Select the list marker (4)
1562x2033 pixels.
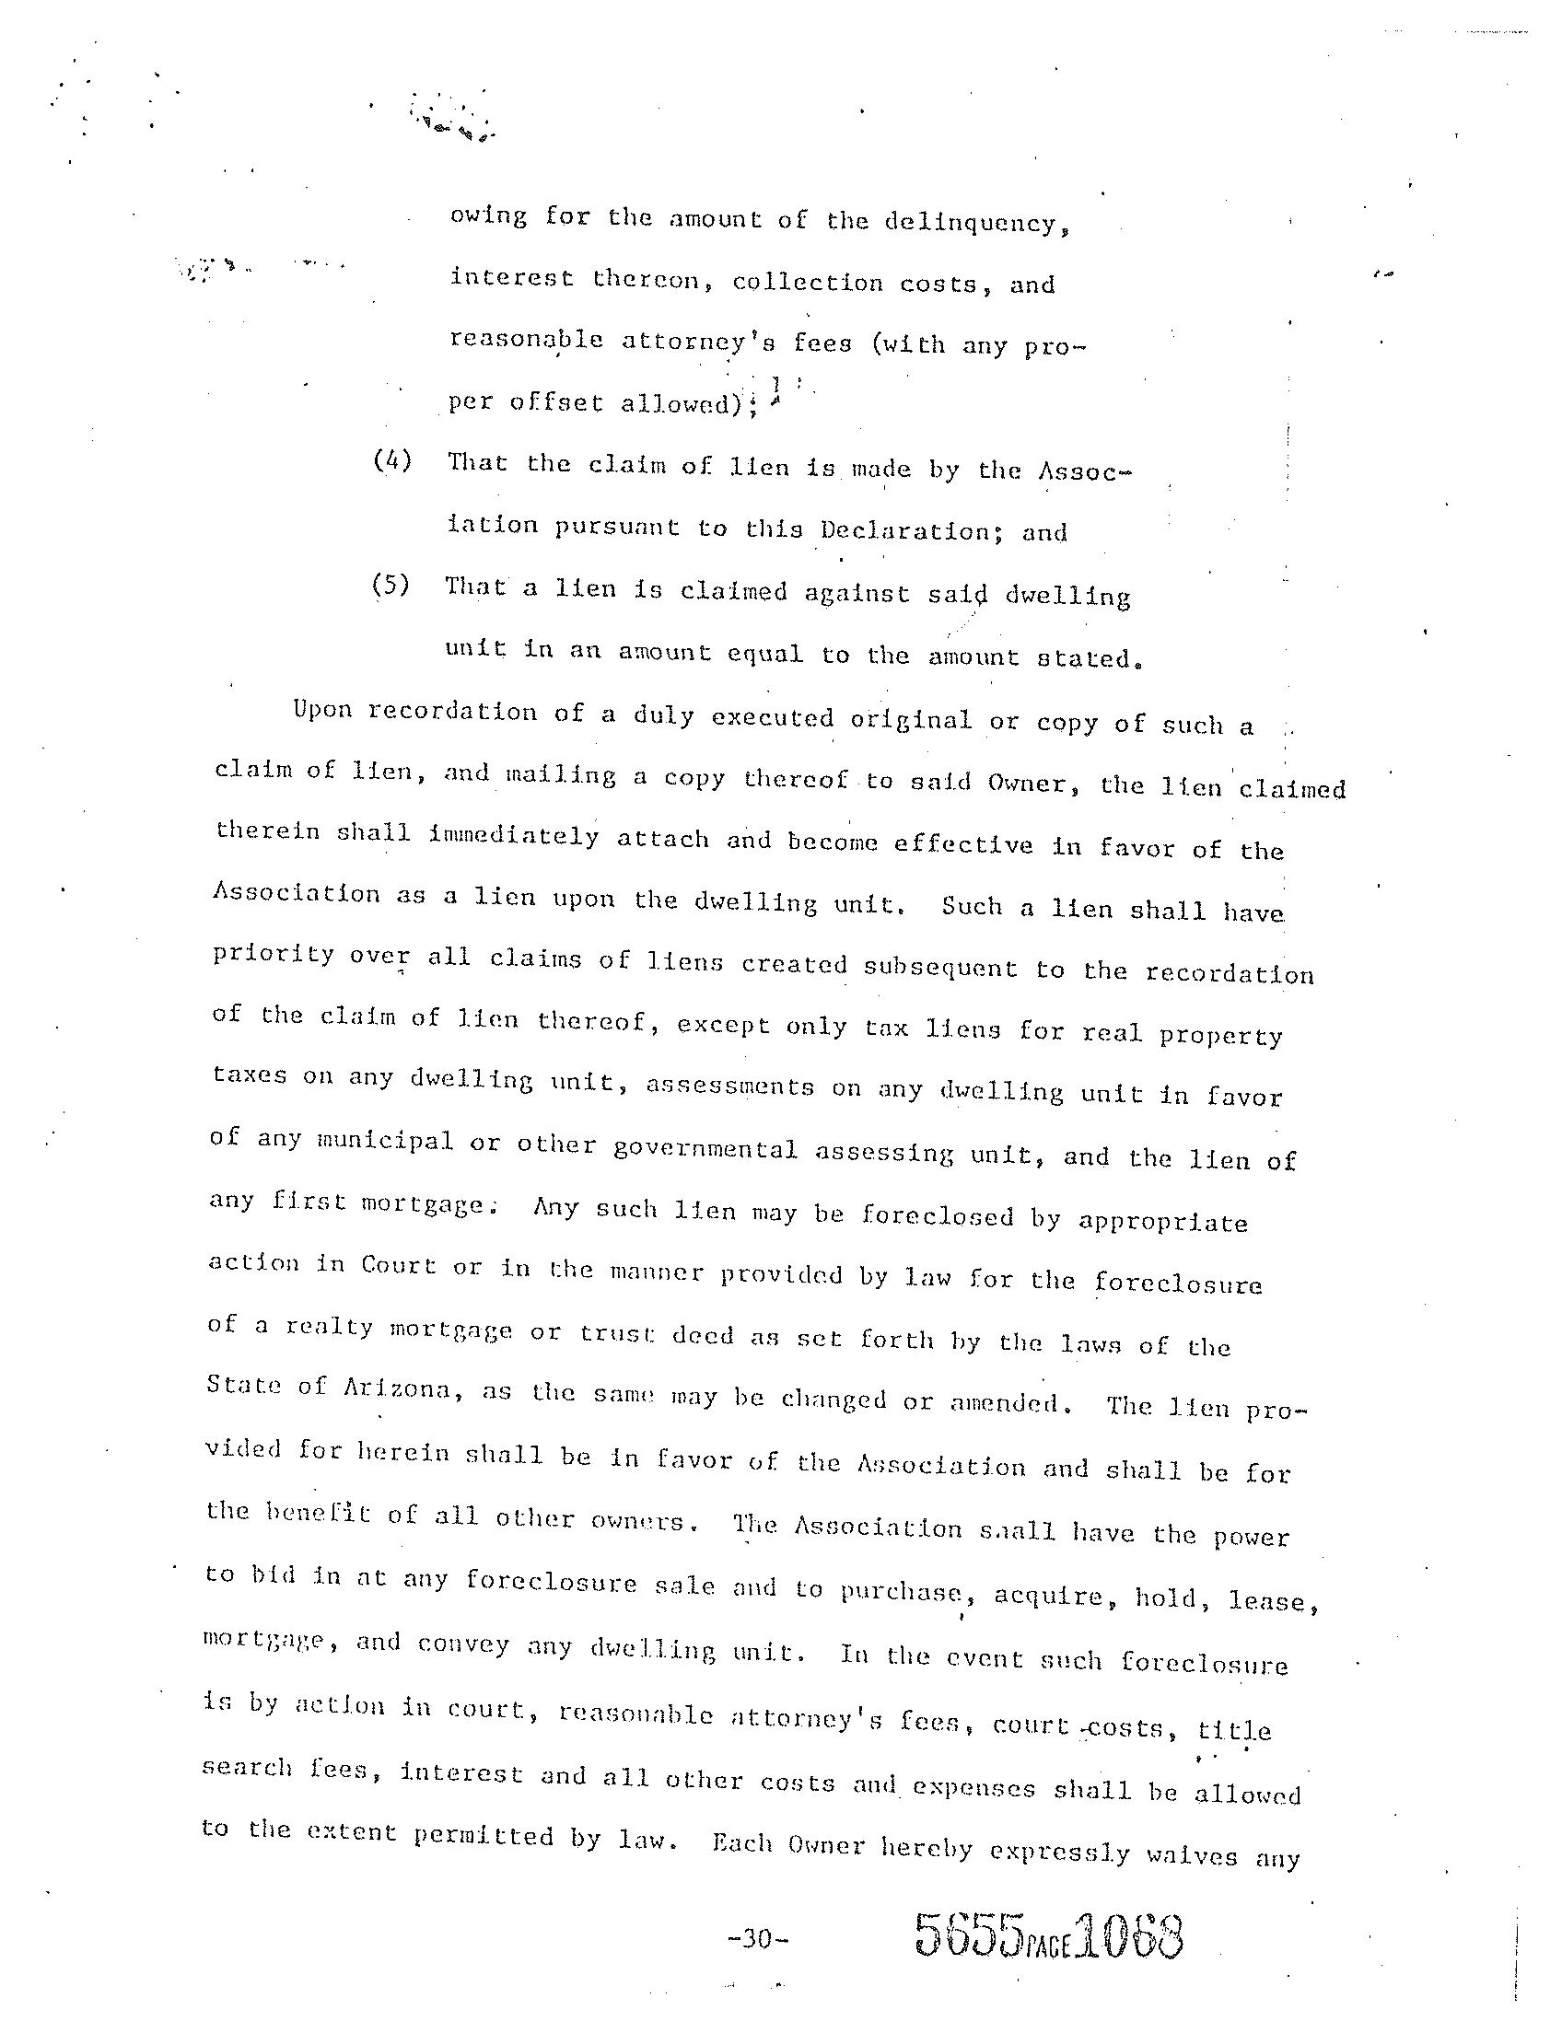(x=391, y=461)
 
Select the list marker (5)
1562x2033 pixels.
(x=390, y=587)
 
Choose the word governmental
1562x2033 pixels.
(x=705, y=1149)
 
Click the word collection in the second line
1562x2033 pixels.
(x=807, y=283)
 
